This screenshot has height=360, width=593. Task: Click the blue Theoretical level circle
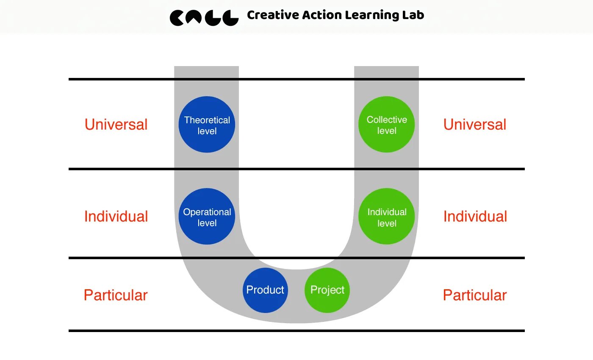pyautogui.click(x=207, y=125)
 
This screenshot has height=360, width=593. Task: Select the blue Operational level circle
pyautogui.click(x=207, y=216)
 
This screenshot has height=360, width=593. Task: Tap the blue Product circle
pyautogui.click(x=265, y=290)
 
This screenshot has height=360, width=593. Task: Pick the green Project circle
pyautogui.click(x=327, y=290)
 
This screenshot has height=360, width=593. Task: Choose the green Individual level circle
pyautogui.click(x=386, y=216)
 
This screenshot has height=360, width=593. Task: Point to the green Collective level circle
pyautogui.click(x=386, y=125)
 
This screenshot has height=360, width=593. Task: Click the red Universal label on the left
pyautogui.click(x=116, y=125)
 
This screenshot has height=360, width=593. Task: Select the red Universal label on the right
pyautogui.click(x=475, y=125)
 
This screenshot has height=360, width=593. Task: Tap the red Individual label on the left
pyautogui.click(x=116, y=216)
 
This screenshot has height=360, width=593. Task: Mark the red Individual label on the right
pyautogui.click(x=475, y=216)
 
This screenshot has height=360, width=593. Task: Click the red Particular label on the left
pyautogui.click(x=116, y=295)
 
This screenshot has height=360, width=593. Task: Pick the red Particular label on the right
pyautogui.click(x=475, y=295)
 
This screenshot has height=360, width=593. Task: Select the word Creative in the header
pyautogui.click(x=273, y=16)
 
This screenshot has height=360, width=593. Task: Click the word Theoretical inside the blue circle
pyautogui.click(x=207, y=120)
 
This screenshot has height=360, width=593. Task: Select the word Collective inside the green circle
pyautogui.click(x=387, y=120)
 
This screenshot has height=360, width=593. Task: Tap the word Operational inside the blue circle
pyautogui.click(x=207, y=212)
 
